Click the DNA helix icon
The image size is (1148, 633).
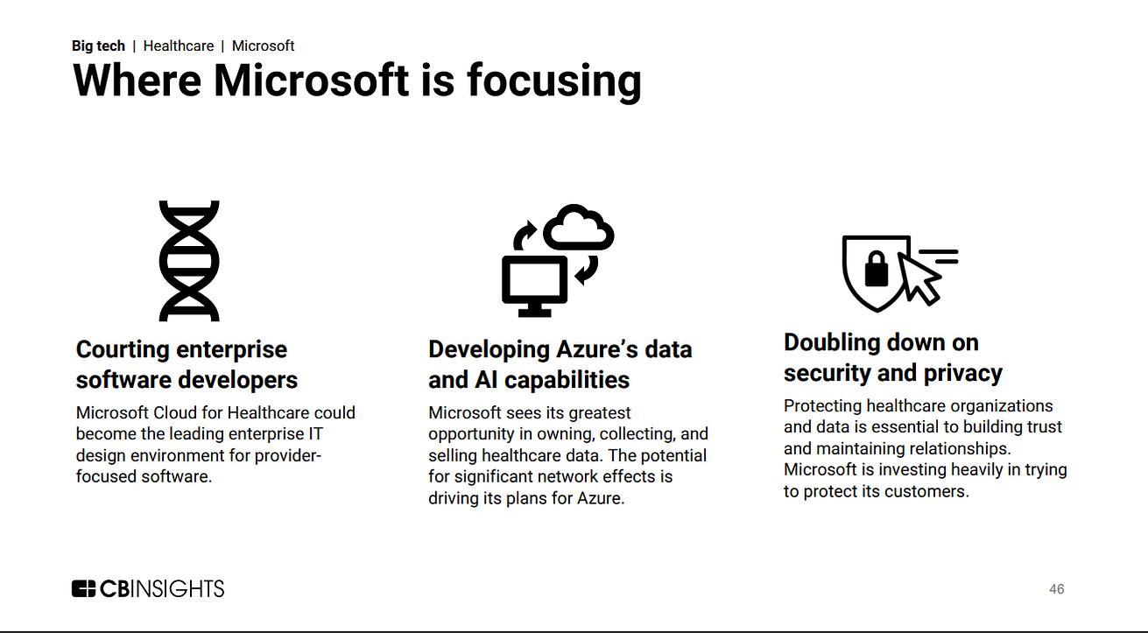188,260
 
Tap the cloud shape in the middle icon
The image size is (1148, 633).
579,228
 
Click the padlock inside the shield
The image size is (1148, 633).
877,268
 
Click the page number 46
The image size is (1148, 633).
1057,589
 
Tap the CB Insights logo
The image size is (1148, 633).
148,588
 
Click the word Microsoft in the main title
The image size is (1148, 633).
311,81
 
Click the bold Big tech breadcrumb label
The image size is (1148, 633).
98,46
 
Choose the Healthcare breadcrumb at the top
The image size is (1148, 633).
179,46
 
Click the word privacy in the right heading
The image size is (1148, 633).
961,373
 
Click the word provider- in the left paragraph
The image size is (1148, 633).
289,455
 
